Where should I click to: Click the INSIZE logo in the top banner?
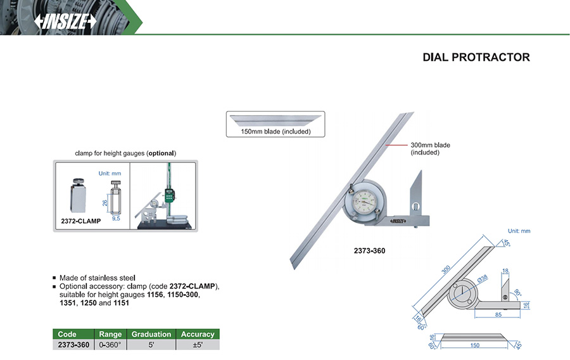(65, 22)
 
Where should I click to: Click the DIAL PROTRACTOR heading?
(476, 57)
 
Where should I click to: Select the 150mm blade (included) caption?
(275, 131)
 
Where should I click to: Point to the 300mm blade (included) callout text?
(431, 148)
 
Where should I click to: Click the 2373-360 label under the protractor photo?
(369, 250)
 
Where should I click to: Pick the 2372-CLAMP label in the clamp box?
(80, 221)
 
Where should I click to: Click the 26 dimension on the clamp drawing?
(104, 203)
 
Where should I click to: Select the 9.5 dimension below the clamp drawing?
(116, 219)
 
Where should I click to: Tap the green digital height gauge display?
(169, 195)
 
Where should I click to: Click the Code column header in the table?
(67, 334)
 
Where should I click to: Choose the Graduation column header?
(151, 334)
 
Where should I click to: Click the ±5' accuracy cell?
(198, 345)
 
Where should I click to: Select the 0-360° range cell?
(110, 345)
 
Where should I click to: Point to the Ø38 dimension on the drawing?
(483, 279)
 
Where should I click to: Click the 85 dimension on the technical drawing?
(498, 314)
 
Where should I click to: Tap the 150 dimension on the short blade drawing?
(475, 345)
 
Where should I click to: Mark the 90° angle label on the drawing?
(517, 293)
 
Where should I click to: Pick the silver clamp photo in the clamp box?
(78, 196)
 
